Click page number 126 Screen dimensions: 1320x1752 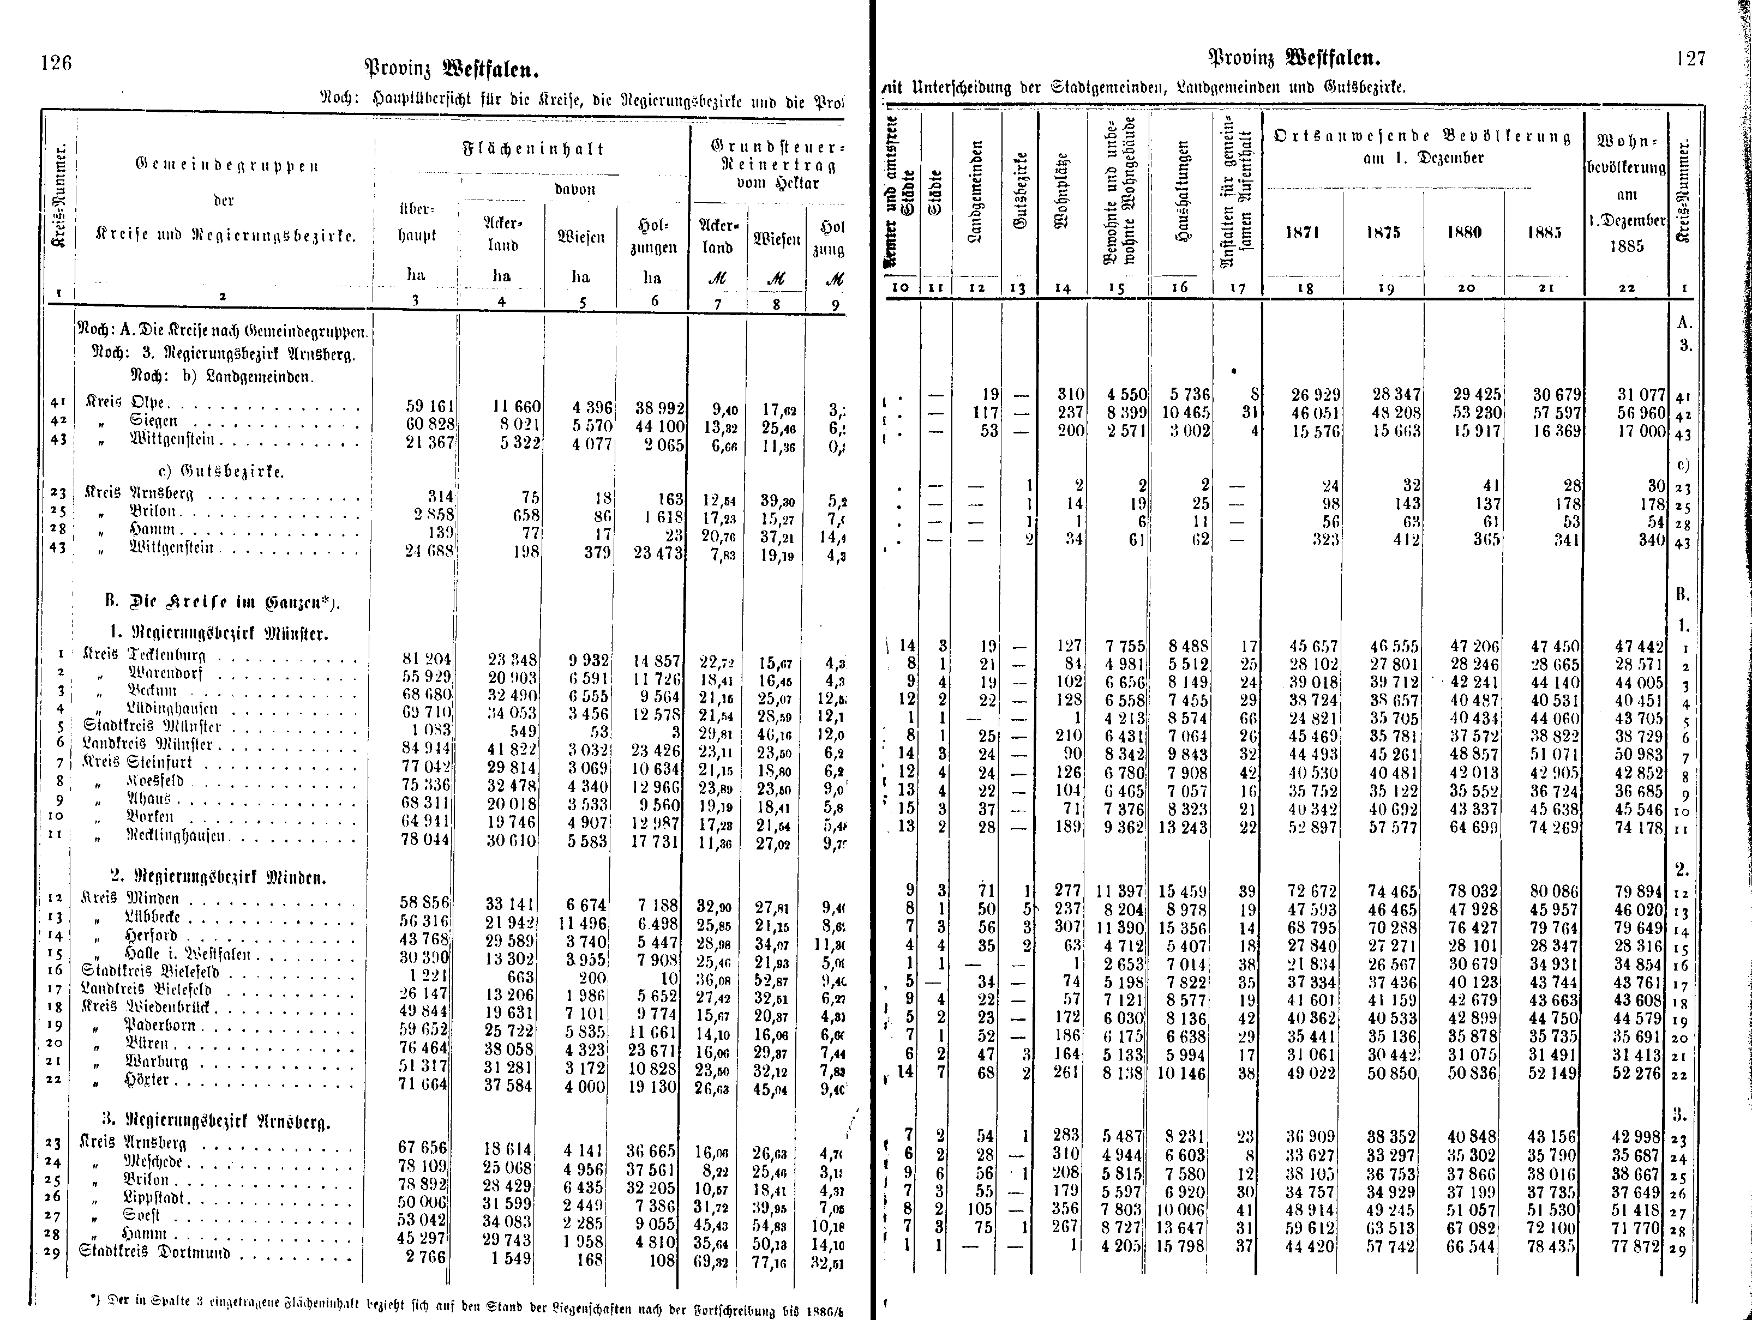[x=56, y=63]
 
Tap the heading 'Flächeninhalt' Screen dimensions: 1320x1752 [x=533, y=149]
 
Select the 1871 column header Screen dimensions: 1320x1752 [x=1302, y=232]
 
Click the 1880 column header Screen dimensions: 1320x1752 [x=1463, y=232]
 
